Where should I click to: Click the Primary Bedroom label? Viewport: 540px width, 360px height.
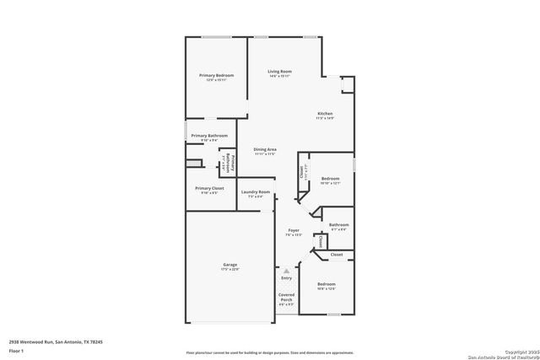click(x=217, y=76)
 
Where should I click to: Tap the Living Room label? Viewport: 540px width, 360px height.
click(x=280, y=72)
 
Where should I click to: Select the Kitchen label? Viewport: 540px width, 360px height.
click(x=325, y=114)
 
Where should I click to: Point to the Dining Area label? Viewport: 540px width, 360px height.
click(x=266, y=150)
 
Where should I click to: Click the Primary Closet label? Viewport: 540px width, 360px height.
click(x=209, y=188)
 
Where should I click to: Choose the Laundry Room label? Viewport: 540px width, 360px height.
click(x=255, y=192)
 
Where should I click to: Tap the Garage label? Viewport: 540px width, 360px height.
click(x=230, y=265)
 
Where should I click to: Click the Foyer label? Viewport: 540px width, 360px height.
click(x=294, y=230)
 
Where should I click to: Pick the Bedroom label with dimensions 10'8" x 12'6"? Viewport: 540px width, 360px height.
click(x=327, y=285)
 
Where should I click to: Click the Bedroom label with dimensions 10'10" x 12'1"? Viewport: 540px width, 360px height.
click(x=330, y=178)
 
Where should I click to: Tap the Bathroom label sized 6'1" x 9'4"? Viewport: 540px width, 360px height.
click(x=338, y=224)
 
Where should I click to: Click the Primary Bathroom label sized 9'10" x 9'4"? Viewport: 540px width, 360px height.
click(x=209, y=136)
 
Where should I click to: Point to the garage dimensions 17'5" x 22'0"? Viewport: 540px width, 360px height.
click(x=230, y=270)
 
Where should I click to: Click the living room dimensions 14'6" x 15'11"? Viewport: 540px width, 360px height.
click(x=280, y=77)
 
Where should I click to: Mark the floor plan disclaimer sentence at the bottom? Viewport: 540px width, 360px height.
click(x=271, y=352)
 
